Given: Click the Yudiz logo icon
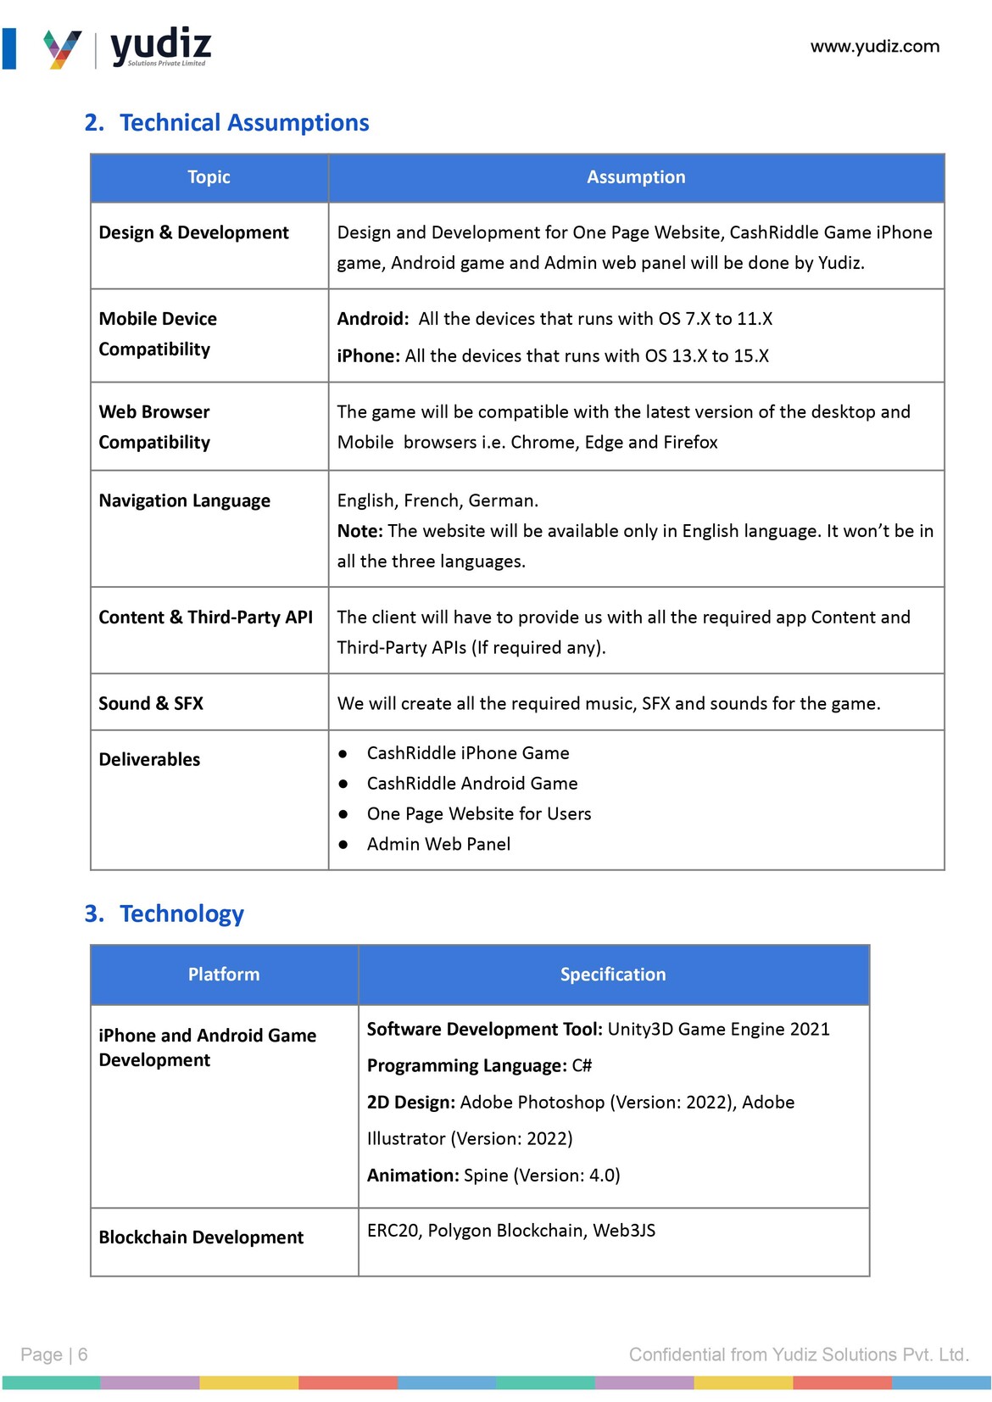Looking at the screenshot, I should tap(63, 49).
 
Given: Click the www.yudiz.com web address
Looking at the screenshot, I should tap(874, 47).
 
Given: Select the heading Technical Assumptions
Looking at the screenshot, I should tap(244, 123).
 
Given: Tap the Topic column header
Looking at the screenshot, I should tap(209, 177).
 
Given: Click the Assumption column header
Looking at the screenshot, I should tap(636, 177).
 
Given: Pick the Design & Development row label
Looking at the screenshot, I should tap(193, 232).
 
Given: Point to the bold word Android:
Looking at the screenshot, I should tap(372, 319).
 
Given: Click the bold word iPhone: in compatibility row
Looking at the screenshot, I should tap(368, 356).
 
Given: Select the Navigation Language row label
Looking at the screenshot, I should tap(184, 500).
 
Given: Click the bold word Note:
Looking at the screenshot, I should tap(359, 531).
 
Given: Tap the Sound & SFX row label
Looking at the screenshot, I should tap(151, 703).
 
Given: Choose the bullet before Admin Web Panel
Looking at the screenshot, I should tap(343, 845).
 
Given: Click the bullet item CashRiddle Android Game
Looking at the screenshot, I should tap(471, 784).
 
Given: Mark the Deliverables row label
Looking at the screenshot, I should tap(149, 759).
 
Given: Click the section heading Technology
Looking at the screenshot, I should tap(181, 913).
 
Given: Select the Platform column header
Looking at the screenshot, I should tap(224, 975).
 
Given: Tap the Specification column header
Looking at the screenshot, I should tap(613, 975).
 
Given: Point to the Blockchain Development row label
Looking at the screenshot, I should tap(201, 1237).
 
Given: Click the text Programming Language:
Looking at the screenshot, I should tap(466, 1065).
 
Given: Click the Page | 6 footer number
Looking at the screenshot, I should tap(54, 1355).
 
